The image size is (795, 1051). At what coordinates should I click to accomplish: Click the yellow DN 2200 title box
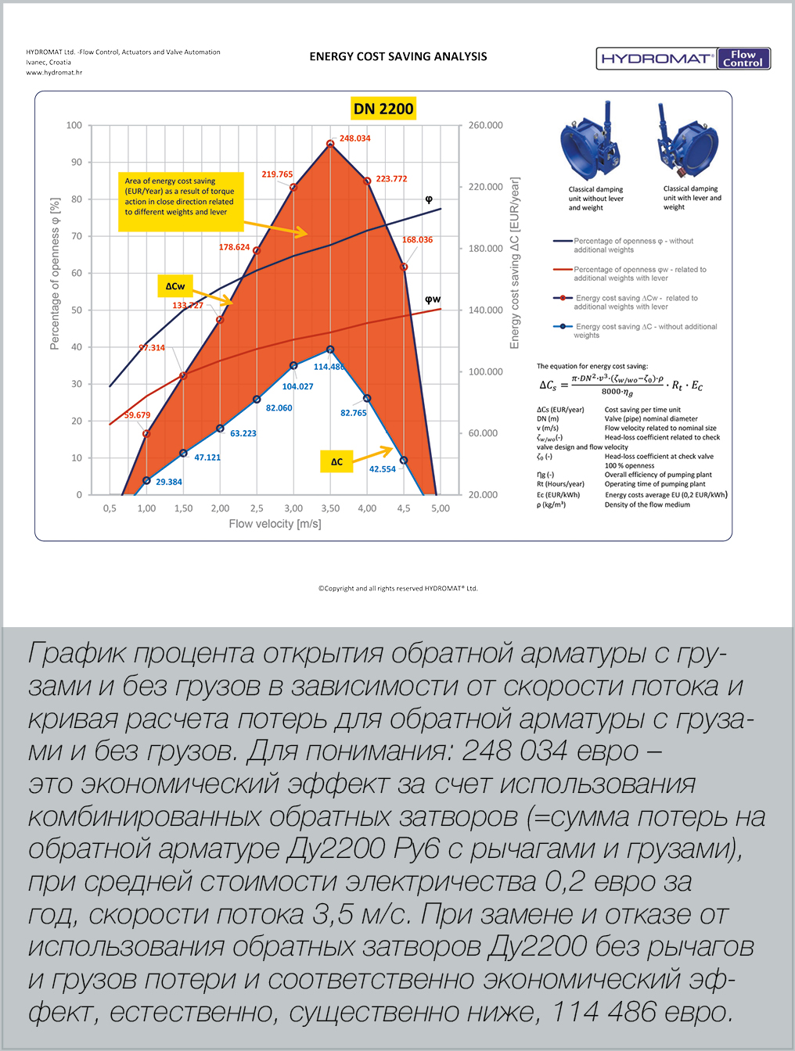[x=383, y=109]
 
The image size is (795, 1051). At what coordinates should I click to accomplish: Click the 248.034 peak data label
[x=354, y=138]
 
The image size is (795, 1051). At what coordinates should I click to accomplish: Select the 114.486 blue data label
[x=329, y=367]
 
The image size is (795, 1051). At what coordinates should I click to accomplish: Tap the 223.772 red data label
[x=391, y=179]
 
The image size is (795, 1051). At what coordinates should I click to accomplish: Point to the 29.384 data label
[x=168, y=482]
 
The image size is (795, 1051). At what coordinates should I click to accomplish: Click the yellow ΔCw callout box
[x=175, y=286]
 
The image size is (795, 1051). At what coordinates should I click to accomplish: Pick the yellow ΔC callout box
[x=336, y=461]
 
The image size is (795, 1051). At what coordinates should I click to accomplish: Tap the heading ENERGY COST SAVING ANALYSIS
[x=398, y=56]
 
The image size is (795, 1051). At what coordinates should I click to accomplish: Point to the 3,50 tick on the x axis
[x=330, y=508]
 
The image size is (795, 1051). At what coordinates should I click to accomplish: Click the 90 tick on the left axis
[x=77, y=162]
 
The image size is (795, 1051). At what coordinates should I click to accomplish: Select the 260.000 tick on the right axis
[x=485, y=125]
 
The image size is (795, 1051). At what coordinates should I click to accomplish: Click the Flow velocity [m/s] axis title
[x=275, y=524]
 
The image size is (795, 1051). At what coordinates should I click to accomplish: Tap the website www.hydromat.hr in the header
[x=54, y=73]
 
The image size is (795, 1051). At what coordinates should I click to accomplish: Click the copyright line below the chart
[x=397, y=588]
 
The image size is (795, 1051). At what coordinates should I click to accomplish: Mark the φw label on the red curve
[x=433, y=300]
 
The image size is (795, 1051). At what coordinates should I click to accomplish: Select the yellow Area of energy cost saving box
[x=180, y=196]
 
